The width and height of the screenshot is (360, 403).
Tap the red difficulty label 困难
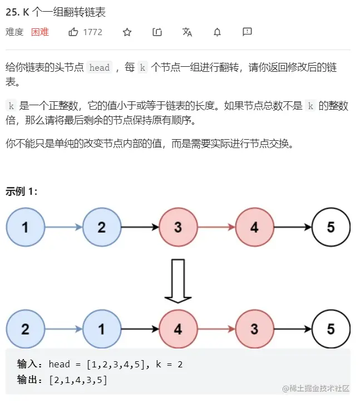click(40, 32)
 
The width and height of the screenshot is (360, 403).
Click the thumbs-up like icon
click(73, 32)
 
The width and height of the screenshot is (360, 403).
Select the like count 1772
click(93, 32)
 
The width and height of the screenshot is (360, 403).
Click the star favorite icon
click(127, 32)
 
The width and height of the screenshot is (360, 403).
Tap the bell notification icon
click(217, 32)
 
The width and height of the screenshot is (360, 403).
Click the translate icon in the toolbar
click(187, 32)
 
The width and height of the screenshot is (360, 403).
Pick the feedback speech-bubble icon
click(247, 32)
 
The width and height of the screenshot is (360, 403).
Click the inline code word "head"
click(100, 68)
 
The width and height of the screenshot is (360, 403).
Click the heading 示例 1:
click(22, 191)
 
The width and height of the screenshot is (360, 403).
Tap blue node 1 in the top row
click(26, 227)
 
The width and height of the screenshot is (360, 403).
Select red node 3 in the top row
click(178, 227)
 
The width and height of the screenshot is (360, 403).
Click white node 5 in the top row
click(331, 227)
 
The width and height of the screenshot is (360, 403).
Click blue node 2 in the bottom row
click(26, 329)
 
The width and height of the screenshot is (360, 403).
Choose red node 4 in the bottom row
click(178, 329)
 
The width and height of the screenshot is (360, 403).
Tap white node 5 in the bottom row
click(331, 329)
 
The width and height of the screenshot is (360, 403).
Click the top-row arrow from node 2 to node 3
click(140, 227)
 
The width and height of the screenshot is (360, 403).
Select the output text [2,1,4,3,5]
click(78, 380)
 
